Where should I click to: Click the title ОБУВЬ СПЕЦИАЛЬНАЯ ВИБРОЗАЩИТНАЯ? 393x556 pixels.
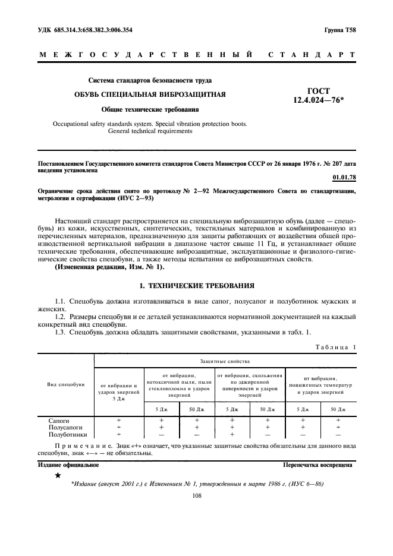click(x=149, y=94)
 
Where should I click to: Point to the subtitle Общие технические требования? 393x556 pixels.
click(x=149, y=109)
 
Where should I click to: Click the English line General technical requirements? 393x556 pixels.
click(x=149, y=131)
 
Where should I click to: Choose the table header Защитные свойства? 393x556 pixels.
click(x=225, y=361)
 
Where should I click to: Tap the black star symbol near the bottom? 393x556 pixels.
click(x=57, y=476)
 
